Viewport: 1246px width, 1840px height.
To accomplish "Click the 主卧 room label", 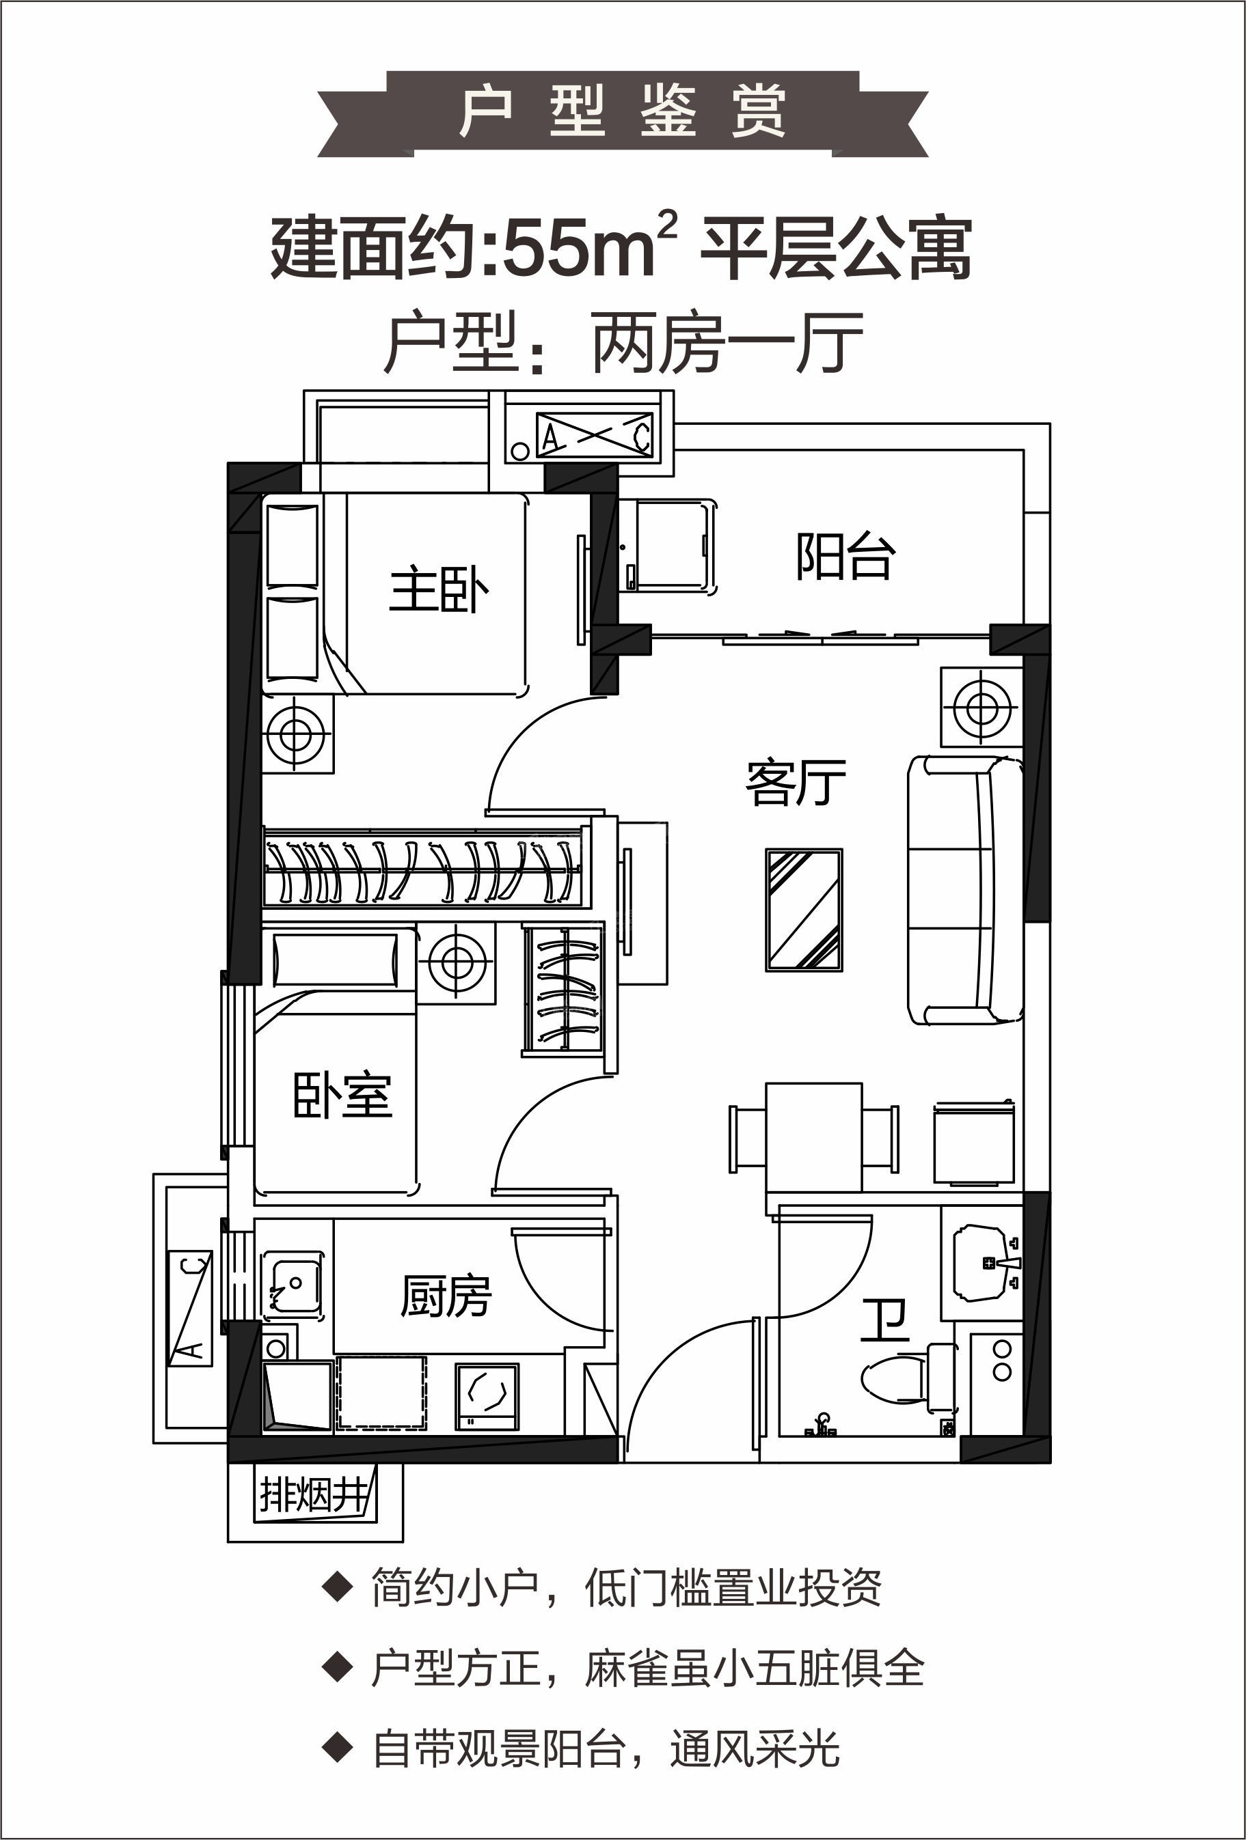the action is click(x=439, y=591).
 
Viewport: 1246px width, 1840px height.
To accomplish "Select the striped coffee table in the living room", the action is click(x=804, y=910).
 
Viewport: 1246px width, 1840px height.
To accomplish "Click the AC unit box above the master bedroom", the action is click(x=594, y=434).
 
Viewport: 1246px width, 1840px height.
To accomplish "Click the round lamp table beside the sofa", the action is click(x=981, y=707).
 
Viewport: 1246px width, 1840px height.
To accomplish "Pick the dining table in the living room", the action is click(x=813, y=1138).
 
